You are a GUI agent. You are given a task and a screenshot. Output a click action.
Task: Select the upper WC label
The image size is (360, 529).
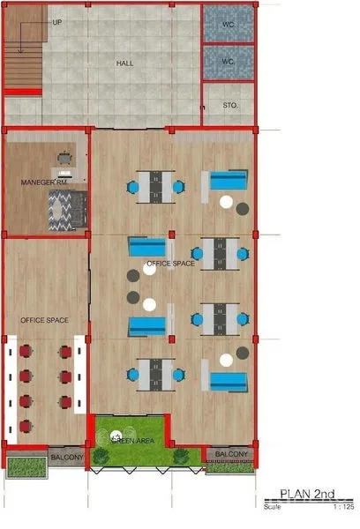tap(228, 23)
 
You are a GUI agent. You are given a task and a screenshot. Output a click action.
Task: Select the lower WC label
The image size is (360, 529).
tap(228, 62)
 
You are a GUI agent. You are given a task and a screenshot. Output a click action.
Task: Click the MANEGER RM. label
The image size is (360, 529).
tap(44, 183)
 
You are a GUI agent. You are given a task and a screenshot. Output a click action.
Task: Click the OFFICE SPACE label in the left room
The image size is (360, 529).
tap(44, 319)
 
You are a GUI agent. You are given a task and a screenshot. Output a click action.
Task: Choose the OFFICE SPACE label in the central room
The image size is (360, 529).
tap(171, 264)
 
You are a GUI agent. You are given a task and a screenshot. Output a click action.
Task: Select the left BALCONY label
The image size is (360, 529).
tap(66, 457)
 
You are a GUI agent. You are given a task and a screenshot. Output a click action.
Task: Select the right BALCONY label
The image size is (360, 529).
tap(232, 454)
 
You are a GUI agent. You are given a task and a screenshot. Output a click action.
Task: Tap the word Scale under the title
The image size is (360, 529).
tap(272, 507)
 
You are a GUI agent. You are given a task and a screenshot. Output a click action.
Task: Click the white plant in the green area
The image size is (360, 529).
tap(116, 436)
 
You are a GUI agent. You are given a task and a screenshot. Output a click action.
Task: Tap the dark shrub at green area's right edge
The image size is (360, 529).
tap(181, 456)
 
